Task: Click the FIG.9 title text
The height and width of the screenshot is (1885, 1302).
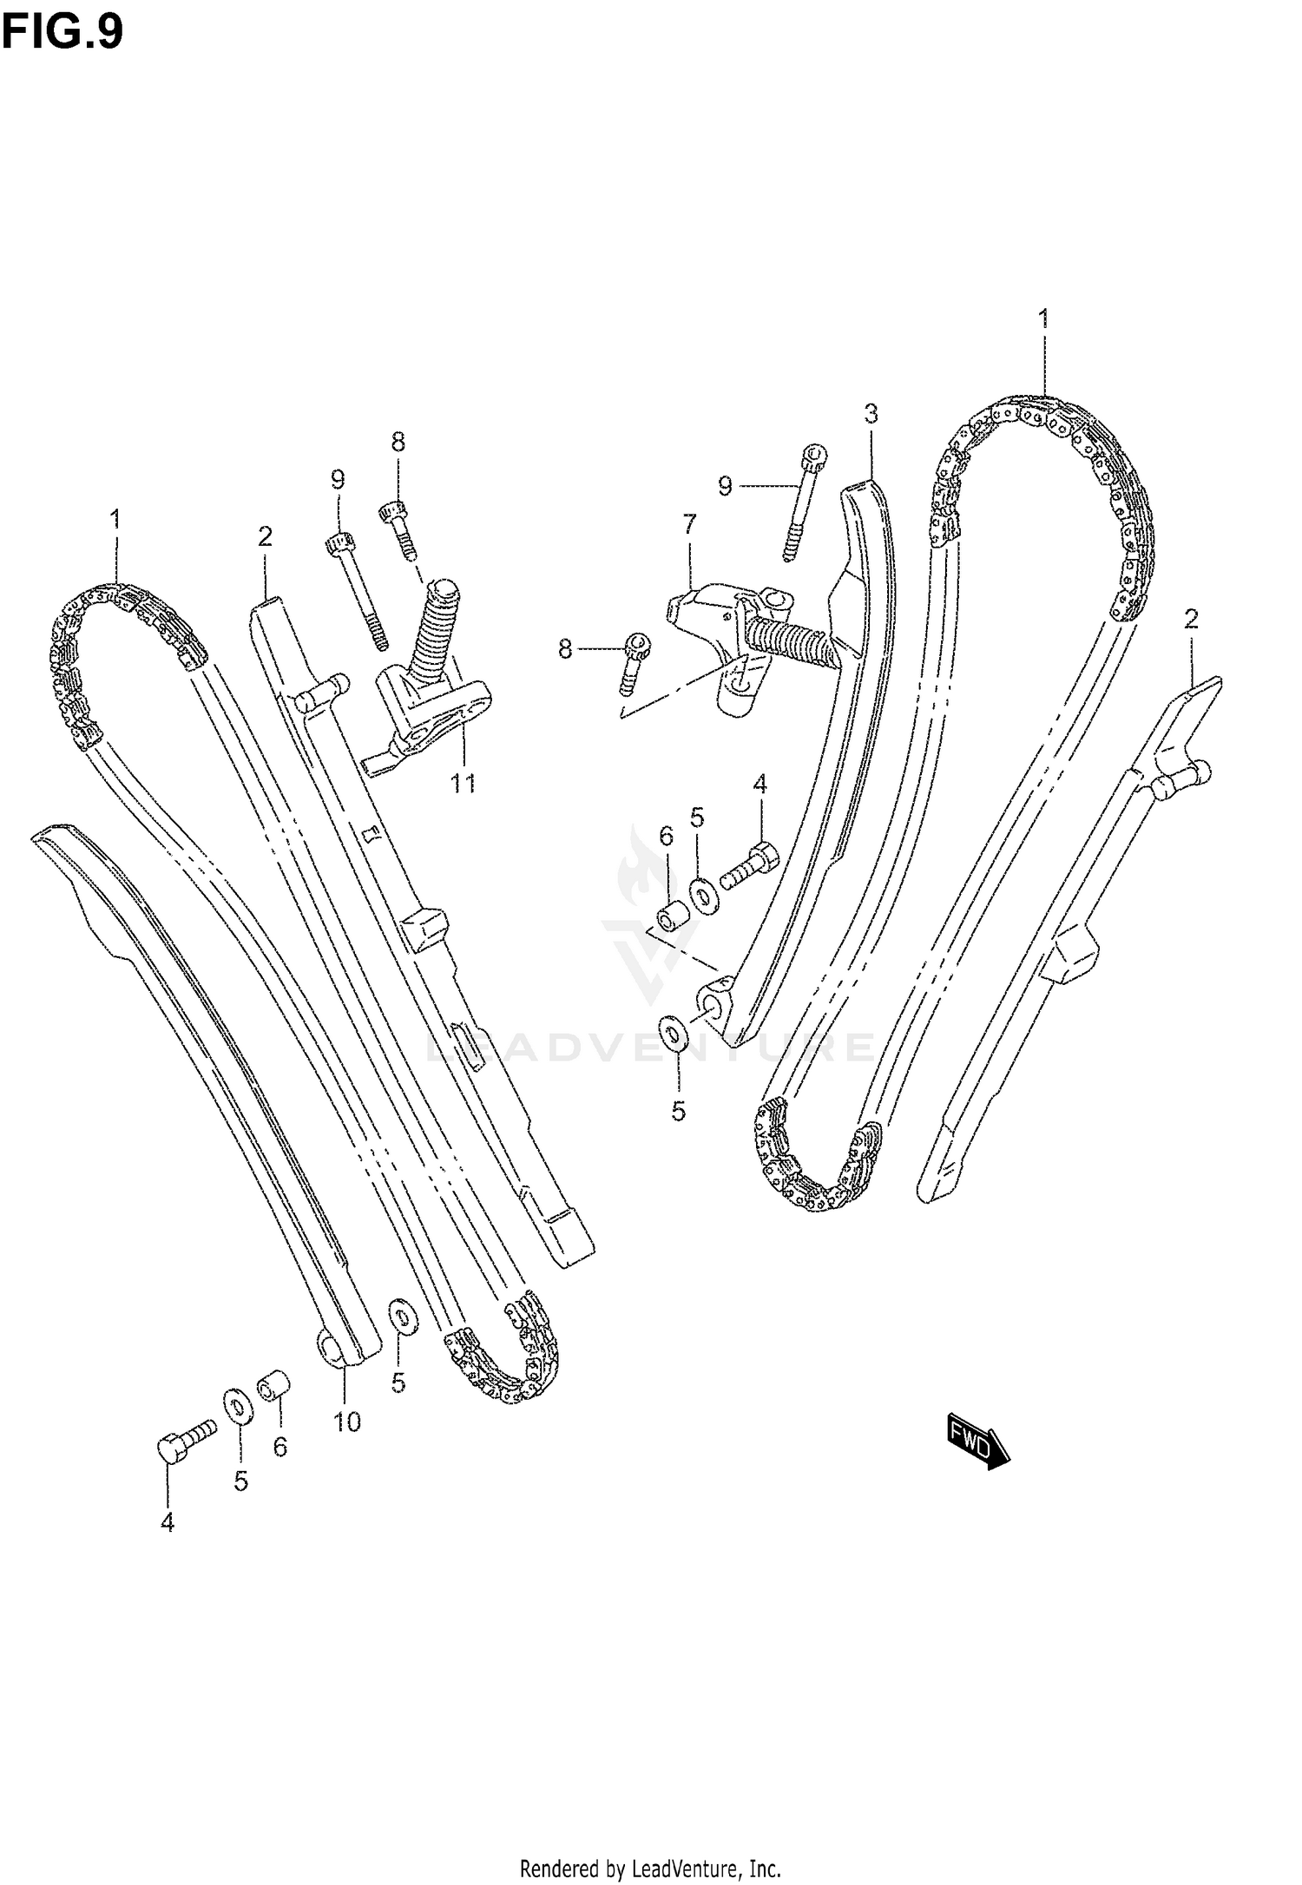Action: click(62, 32)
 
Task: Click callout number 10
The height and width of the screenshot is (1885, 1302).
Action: click(346, 1422)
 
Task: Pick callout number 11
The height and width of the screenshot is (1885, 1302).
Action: click(463, 784)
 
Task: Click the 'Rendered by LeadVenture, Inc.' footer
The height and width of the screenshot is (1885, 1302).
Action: click(650, 1861)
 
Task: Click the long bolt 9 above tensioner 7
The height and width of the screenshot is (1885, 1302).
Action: click(804, 503)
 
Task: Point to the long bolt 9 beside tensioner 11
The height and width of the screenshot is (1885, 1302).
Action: click(358, 590)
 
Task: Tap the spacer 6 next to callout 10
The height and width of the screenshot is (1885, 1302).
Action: click(274, 1385)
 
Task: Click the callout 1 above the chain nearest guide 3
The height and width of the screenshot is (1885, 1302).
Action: click(1043, 318)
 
